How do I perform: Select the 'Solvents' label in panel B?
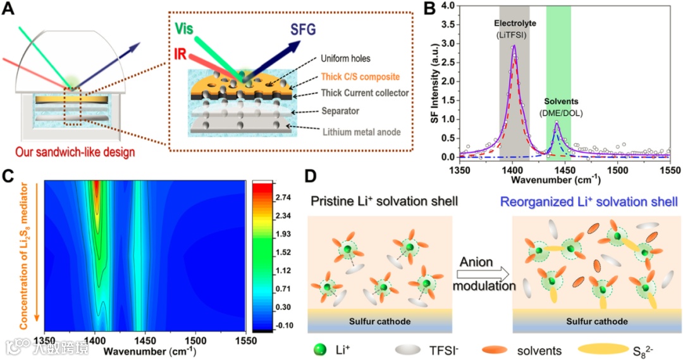(x=557, y=101)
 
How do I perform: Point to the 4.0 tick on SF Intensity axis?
(x=450, y=5)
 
